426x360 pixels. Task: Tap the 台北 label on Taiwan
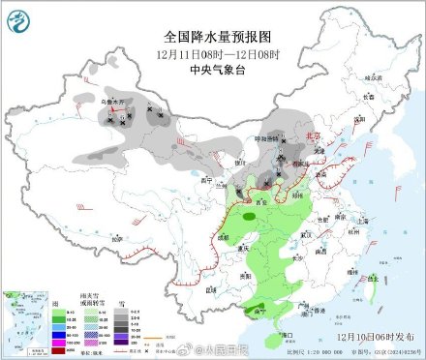(372, 279)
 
